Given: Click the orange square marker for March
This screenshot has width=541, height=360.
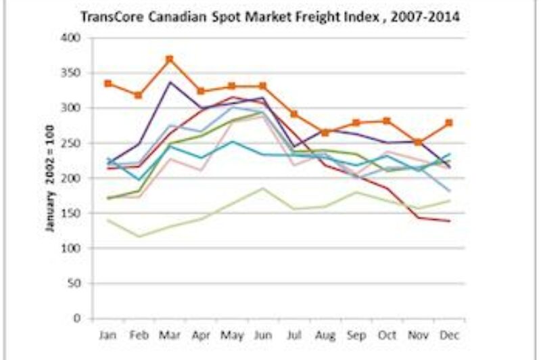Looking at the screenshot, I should point(170,60).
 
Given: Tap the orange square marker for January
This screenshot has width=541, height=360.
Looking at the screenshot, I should point(108,83).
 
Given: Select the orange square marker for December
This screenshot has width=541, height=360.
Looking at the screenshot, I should point(448,123).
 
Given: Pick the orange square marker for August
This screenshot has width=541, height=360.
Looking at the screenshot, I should point(325,133).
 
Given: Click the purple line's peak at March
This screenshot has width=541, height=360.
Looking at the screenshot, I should point(170,82).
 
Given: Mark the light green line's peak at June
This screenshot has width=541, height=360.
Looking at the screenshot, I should point(262,188).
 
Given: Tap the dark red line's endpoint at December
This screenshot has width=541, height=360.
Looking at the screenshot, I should point(448,221).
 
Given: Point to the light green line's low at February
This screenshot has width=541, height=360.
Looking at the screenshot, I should point(139,236).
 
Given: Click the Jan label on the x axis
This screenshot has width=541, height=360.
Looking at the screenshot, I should point(108,334).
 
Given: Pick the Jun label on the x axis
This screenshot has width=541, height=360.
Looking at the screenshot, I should point(262,334).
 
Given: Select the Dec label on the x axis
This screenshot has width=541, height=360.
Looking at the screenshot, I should point(448,334).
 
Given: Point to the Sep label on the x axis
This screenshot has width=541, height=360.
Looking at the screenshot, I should point(356,334).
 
